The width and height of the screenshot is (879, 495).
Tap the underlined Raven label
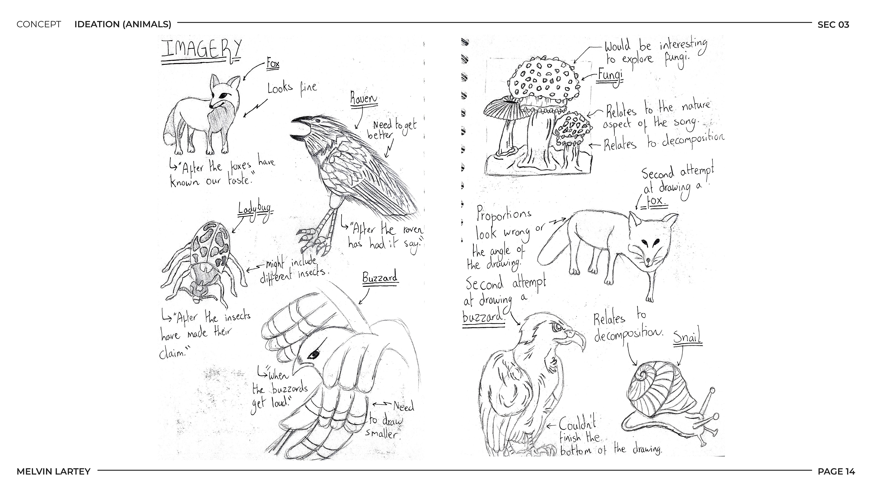coord(364,99)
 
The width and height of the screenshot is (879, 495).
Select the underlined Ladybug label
coord(255,209)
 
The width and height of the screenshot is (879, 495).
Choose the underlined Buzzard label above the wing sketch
coord(380,277)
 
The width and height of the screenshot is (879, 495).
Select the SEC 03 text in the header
coord(833,25)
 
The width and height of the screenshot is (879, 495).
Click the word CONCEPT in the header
coord(38,24)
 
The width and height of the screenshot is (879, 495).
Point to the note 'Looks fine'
coord(292,88)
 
